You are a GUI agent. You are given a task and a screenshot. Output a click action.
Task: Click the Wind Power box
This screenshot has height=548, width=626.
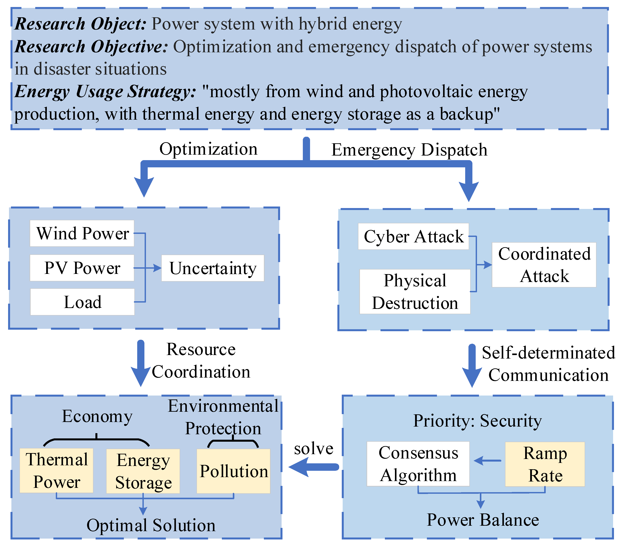[82, 233]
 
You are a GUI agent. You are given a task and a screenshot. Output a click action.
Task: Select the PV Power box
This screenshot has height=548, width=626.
[82, 268]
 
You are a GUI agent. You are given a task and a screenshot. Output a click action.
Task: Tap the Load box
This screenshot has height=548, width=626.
[82, 302]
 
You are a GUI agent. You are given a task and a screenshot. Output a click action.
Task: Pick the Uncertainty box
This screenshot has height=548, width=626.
[212, 268]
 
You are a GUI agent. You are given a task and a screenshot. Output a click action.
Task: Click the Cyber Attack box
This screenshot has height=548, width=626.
[413, 236]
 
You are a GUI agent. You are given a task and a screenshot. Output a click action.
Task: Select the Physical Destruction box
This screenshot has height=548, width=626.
[415, 291]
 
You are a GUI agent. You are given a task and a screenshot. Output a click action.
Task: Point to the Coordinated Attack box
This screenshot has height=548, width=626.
[544, 265]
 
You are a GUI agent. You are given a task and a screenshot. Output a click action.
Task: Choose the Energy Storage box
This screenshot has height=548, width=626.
[143, 471]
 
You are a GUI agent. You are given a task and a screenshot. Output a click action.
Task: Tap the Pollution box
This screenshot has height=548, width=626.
[233, 471]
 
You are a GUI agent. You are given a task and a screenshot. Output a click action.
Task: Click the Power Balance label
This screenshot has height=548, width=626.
[482, 520]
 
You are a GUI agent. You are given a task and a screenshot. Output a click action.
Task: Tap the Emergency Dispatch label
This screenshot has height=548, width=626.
[409, 150]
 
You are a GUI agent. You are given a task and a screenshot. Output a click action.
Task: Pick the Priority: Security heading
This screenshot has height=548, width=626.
[477, 420]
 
